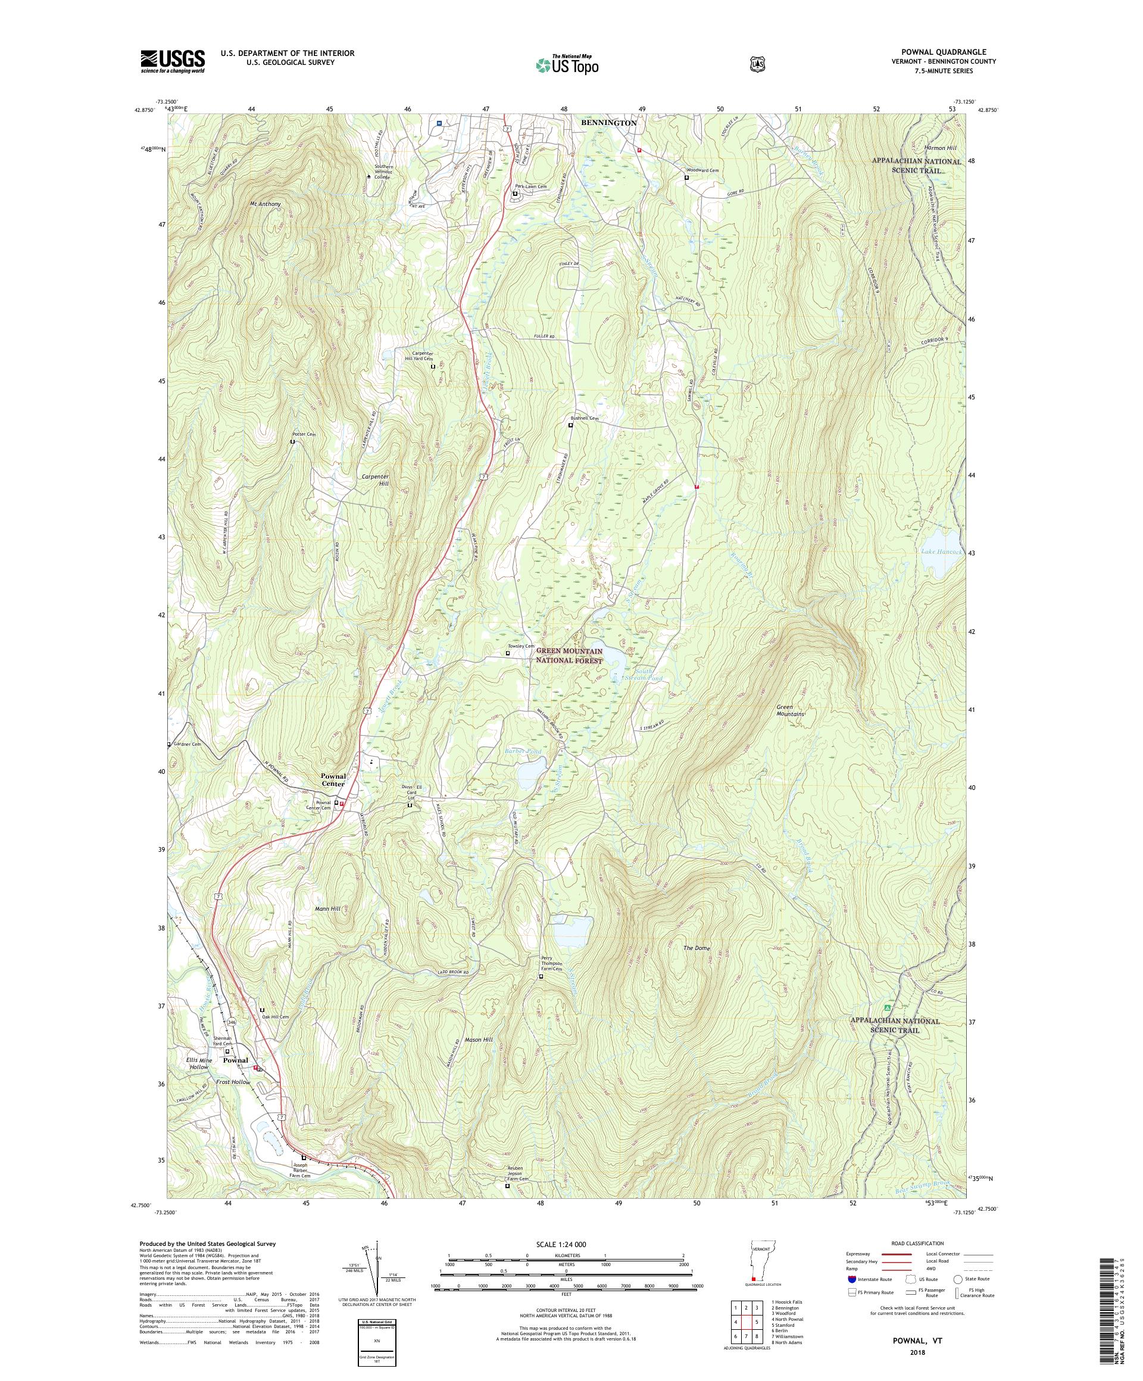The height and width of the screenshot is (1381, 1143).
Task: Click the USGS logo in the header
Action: pyautogui.click(x=172, y=62)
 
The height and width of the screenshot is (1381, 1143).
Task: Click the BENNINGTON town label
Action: pyautogui.click(x=608, y=123)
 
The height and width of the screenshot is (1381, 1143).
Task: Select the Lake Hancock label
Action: pyautogui.click(x=941, y=552)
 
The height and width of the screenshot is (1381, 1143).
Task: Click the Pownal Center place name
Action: pyautogui.click(x=333, y=780)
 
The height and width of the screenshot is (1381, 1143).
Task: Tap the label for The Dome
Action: pyautogui.click(x=697, y=948)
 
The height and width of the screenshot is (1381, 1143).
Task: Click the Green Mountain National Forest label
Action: pyautogui.click(x=569, y=655)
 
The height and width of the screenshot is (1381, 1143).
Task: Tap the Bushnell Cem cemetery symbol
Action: pyautogui.click(x=570, y=426)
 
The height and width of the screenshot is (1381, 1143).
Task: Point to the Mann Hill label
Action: pyautogui.click(x=327, y=908)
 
